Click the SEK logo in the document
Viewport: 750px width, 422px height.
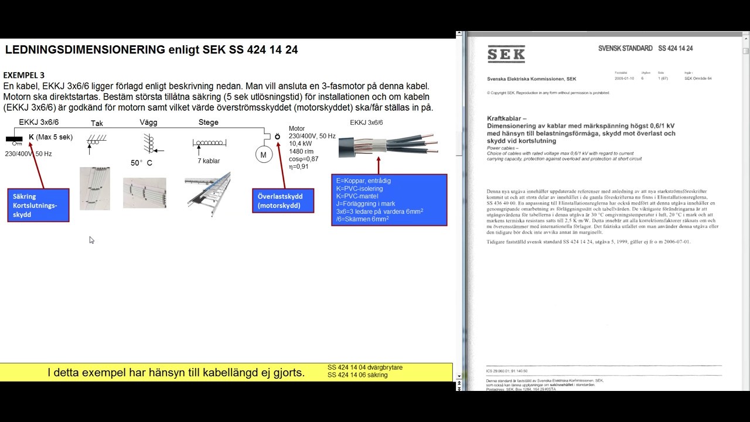point(506,55)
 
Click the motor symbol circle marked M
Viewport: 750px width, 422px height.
point(263,155)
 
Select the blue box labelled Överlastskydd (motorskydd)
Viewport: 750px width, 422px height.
point(283,200)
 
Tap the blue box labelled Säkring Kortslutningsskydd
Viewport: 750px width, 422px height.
point(38,205)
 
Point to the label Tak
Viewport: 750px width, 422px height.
point(97,123)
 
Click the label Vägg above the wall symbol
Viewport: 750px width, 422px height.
point(148,122)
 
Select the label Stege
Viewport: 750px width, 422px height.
point(209,122)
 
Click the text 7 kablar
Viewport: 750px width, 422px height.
point(209,161)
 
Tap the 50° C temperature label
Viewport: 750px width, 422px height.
point(141,163)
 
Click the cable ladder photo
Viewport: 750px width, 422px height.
point(207,193)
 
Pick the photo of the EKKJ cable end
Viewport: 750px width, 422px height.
point(388,144)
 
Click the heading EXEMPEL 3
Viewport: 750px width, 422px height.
point(24,75)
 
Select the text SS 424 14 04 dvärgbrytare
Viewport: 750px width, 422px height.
point(364,367)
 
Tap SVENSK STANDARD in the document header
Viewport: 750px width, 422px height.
point(625,48)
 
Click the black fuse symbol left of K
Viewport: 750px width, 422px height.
point(14,139)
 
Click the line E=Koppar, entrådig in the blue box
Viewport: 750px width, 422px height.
point(363,181)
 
